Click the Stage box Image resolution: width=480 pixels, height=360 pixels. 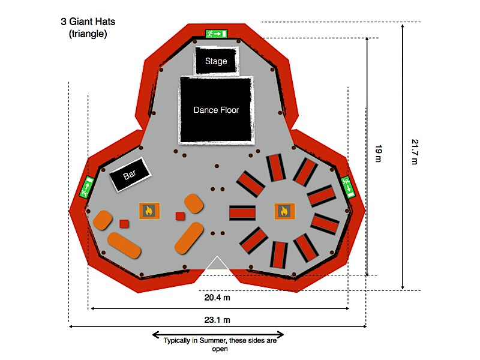(216, 61)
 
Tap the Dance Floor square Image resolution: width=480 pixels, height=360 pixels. (216, 110)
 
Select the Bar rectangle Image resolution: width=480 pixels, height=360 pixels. (130, 175)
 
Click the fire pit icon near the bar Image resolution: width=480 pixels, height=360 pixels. (149, 210)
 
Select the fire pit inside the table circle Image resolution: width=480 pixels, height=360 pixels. (284, 211)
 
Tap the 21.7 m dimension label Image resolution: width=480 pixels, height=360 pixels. (415, 154)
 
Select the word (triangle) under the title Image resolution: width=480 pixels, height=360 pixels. (88, 34)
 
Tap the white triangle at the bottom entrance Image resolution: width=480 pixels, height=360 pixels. (218, 264)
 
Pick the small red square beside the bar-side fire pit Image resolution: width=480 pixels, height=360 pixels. (179, 216)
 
